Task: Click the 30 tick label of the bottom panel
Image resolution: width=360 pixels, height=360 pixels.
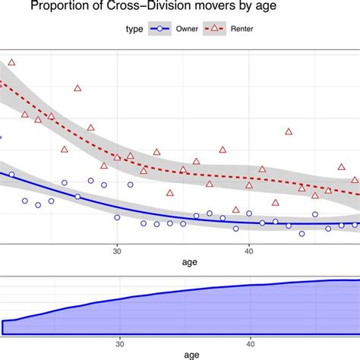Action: tap(119, 343)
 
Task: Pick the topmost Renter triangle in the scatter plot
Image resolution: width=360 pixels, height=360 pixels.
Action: tap(11, 62)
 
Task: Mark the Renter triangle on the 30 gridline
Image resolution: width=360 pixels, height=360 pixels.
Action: tap(117, 157)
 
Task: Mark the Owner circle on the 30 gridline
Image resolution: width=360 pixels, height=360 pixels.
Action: tap(117, 217)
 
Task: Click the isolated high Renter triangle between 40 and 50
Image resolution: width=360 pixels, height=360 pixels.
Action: tap(289, 131)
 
